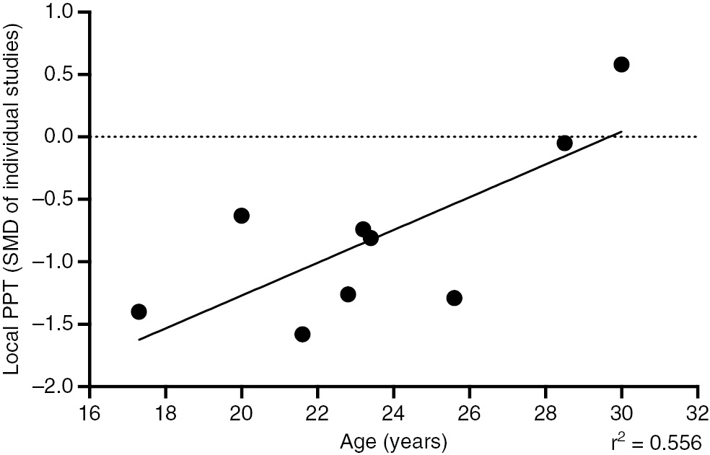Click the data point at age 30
pos(621,64)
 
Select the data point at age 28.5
pos(564,143)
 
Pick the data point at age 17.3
pos(139,312)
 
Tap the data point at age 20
pos(242,216)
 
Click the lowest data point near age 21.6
pos(302,334)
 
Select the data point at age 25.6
pos(454,298)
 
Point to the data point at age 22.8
pos(348,294)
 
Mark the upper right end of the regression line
pos(621,132)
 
